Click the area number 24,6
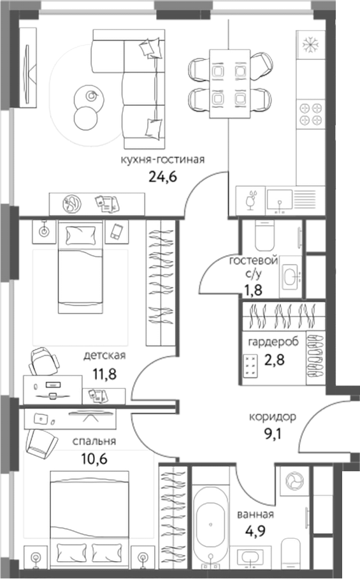tap(162, 175)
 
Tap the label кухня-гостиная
tap(162, 159)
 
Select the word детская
tap(105, 356)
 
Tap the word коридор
tap(272, 418)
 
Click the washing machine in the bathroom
tap(294, 480)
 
